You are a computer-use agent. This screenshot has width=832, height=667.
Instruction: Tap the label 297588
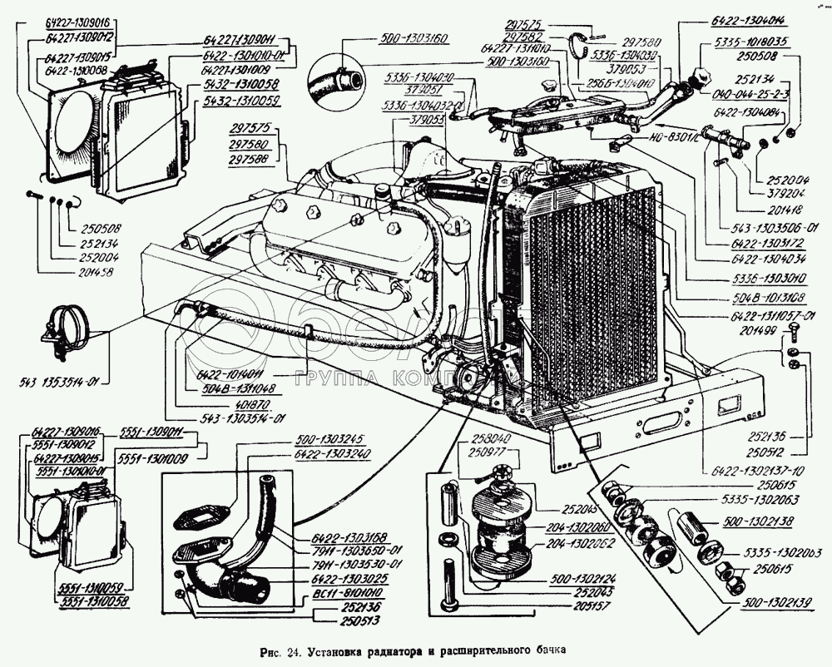click(250, 158)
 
